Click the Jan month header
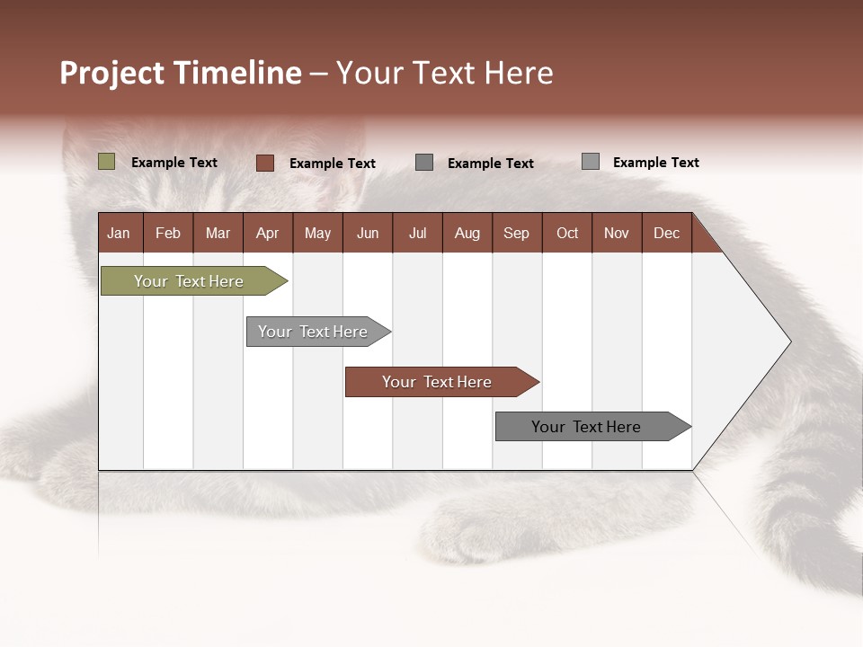tap(119, 233)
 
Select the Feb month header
tap(168, 233)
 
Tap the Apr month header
tap(267, 233)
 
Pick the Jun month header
tap(368, 233)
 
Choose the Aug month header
tap(467, 233)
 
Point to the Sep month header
tap(516, 233)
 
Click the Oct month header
tap(567, 233)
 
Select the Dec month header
tap(666, 233)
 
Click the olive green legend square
tap(106, 162)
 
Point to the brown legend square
tap(264, 163)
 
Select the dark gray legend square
tap(424, 163)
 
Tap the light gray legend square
tap(590, 162)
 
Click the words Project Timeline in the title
tap(180, 73)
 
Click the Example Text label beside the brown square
tap(332, 164)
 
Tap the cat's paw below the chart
tap(476, 530)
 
